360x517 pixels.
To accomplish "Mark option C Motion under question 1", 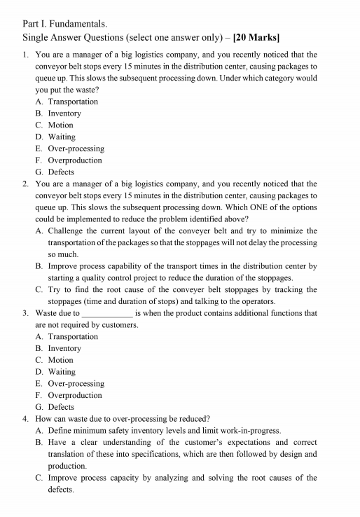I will click(60, 125).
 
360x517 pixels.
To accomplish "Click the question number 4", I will click(25, 419).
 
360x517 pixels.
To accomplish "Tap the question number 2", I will click(25, 184).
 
